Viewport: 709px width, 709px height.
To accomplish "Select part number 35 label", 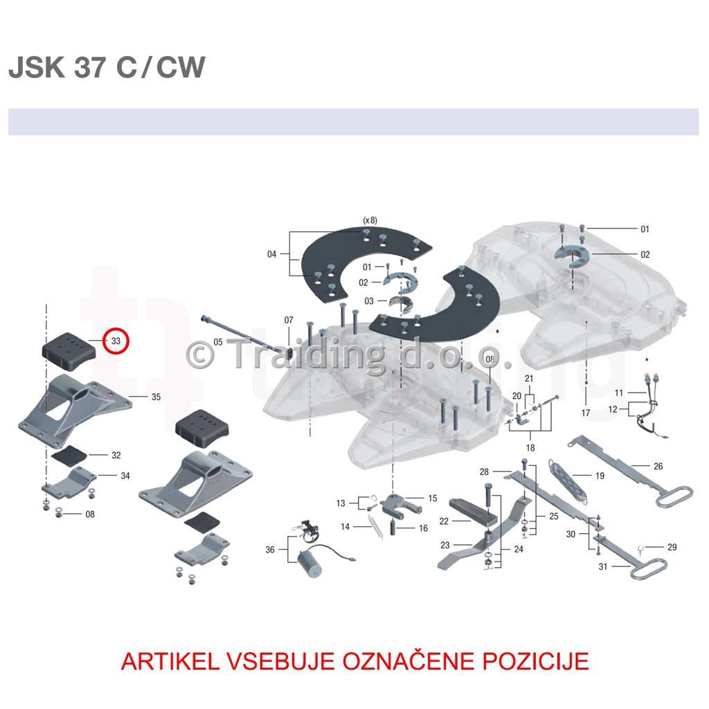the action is (156, 397).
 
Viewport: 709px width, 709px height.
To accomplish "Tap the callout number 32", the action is (116, 455).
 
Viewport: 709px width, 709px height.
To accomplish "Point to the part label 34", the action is (125, 476).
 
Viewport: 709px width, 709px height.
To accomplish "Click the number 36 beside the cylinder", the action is (270, 549).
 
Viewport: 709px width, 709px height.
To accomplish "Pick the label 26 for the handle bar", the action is (658, 466).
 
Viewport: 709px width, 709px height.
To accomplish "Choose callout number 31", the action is (603, 566).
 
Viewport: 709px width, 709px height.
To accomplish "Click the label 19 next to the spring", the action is (600, 476).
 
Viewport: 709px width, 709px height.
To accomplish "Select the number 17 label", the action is (586, 413).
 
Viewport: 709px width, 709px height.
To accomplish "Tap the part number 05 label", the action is (218, 342).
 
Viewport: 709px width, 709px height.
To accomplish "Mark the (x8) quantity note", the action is (370, 220).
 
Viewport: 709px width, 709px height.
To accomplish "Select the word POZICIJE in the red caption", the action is (536, 661).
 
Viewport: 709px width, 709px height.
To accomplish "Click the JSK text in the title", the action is (37, 67).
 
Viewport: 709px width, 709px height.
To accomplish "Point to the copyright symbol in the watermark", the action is (200, 354).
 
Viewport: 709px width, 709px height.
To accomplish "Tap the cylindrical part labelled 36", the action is (309, 564).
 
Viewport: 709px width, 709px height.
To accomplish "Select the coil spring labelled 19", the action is (568, 481).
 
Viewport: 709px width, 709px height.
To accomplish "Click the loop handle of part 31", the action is (648, 568).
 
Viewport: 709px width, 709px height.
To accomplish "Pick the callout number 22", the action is (444, 521).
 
